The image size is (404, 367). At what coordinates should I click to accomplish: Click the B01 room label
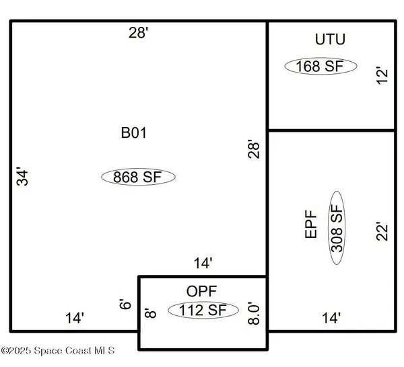(134, 133)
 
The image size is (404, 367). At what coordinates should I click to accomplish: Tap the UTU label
(330, 40)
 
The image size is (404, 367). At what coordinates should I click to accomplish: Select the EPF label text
(310, 225)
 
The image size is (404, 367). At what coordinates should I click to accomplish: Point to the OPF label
(201, 292)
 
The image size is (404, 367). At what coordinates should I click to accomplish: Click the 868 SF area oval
(138, 177)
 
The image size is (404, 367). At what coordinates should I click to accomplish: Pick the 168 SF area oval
(321, 66)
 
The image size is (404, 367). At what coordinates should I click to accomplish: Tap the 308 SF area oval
(337, 228)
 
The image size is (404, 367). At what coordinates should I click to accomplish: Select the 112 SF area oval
(203, 310)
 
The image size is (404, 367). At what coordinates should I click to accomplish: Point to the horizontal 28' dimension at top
(139, 33)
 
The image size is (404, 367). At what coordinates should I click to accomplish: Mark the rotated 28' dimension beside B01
(254, 149)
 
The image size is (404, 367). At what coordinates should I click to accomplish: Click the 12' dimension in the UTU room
(382, 75)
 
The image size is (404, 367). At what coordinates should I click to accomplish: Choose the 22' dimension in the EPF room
(382, 231)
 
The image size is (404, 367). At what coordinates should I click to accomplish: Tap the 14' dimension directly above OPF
(203, 263)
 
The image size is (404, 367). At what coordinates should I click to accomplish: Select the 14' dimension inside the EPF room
(331, 318)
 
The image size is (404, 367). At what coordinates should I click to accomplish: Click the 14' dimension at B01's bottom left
(75, 318)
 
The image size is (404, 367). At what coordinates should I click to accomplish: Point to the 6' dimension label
(125, 304)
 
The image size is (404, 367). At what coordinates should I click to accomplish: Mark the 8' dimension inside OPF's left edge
(150, 313)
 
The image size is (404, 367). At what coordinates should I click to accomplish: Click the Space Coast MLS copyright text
(58, 351)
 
